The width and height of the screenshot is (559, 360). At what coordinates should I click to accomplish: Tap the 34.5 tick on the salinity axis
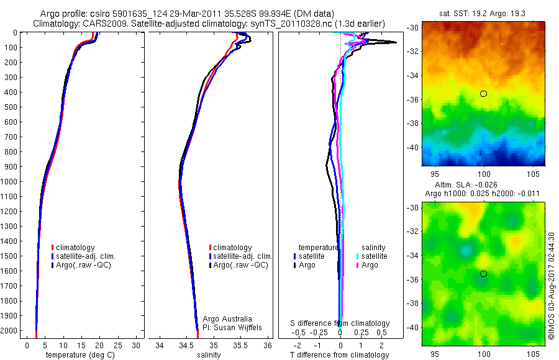pos(186,344)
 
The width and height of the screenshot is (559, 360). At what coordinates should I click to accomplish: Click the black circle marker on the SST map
pos(483,94)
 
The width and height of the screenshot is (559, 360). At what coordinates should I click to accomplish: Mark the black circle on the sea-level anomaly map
pos(483,274)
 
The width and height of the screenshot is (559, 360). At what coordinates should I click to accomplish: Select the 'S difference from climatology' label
pos(340,323)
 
